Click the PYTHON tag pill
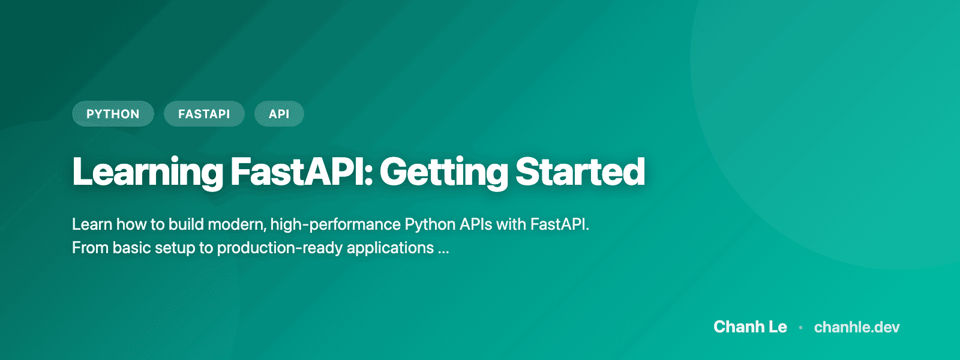coord(113,114)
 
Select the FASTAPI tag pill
coord(204,114)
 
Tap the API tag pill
coord(279,114)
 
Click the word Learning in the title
coord(148,172)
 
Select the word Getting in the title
coord(443,172)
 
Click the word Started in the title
coord(580,172)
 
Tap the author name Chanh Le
coord(750,327)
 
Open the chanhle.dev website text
coord(857,327)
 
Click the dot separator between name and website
coord(800,328)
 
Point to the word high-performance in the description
coord(335,224)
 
